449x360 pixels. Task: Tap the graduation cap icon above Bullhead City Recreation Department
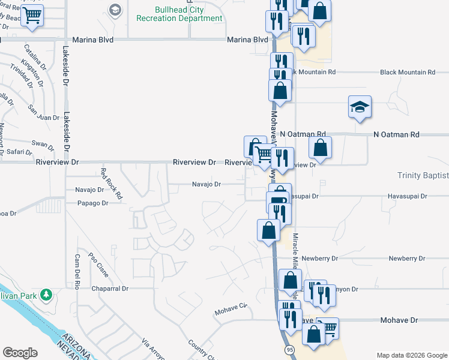click(115, 8)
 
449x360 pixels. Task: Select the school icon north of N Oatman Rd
click(360, 107)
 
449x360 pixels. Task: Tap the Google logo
click(20, 353)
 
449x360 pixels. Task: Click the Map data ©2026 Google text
click(411, 355)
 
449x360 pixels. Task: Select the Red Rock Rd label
click(112, 184)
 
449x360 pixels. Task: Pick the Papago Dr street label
click(92, 203)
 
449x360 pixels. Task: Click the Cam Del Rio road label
click(77, 272)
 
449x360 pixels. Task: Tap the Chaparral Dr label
click(110, 289)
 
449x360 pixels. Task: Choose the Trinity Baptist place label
click(423, 175)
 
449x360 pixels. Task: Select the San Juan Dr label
click(43, 113)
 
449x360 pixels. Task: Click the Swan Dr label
click(43, 144)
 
